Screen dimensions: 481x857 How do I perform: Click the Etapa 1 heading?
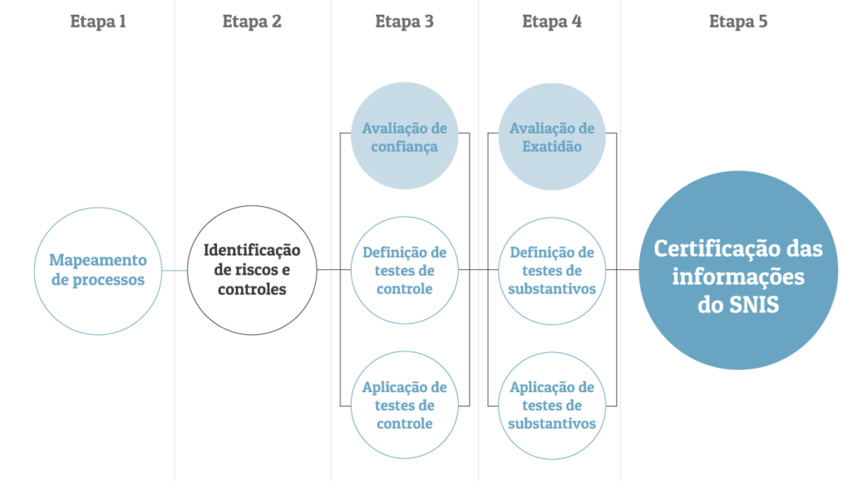tap(98, 22)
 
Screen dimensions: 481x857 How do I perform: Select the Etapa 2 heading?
tap(251, 22)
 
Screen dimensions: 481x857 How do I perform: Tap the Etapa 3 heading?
tap(404, 22)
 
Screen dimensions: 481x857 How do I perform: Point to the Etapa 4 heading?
tap(552, 22)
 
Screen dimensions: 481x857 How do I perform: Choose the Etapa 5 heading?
tap(737, 22)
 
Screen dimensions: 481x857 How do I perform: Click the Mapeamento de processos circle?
tap(98, 270)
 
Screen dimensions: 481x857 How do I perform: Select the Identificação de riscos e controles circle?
tap(251, 270)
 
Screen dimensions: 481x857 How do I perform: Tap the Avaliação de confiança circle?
tap(404, 138)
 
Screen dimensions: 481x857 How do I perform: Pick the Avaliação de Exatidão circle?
tap(552, 138)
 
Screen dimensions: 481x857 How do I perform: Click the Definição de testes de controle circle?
tap(404, 270)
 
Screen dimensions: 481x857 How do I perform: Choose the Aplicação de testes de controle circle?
tap(404, 405)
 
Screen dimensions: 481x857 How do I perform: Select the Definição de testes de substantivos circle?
tap(552, 270)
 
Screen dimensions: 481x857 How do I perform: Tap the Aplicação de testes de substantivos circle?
tap(552, 405)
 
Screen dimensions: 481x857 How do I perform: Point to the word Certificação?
tap(704, 248)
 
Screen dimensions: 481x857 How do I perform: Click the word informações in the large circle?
tap(738, 277)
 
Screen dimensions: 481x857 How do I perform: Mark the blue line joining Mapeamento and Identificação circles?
tap(174, 270)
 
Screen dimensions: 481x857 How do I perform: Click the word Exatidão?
tap(552, 148)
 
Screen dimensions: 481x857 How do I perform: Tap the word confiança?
tap(404, 148)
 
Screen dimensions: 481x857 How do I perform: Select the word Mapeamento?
tap(98, 260)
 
